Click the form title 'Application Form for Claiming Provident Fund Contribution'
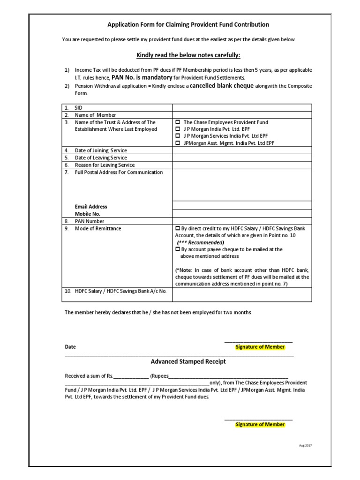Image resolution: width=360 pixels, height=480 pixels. [x=188, y=24]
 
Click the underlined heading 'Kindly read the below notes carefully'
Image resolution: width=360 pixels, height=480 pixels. [x=188, y=55]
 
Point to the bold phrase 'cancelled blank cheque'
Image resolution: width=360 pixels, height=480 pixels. [x=221, y=86]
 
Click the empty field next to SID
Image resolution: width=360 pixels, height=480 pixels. [x=242, y=108]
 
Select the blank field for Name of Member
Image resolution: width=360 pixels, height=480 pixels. [x=242, y=115]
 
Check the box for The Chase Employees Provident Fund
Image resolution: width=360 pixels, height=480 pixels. [x=178, y=122]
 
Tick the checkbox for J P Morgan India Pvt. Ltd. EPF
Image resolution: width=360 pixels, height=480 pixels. [x=178, y=129]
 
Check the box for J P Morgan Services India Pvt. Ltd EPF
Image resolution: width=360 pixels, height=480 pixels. [x=178, y=136]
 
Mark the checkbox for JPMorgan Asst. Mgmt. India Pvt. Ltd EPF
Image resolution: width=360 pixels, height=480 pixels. [x=178, y=143]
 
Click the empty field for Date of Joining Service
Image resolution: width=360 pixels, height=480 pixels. [x=242, y=150]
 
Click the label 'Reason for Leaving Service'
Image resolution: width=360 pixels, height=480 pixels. [x=105, y=165]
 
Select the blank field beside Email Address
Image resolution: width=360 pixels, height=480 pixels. [x=242, y=205]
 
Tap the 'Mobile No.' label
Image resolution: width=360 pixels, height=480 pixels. [x=88, y=214]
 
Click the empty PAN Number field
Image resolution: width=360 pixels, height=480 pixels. [x=242, y=221]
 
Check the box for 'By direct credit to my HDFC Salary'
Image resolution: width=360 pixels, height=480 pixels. [x=178, y=228]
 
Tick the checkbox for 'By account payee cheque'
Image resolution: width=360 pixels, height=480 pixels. [x=178, y=249]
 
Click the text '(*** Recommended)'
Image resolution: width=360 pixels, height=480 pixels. [x=201, y=242]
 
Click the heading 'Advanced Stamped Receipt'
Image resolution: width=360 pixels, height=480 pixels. [x=188, y=361]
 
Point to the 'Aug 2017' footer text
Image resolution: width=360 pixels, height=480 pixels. [x=305, y=445]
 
